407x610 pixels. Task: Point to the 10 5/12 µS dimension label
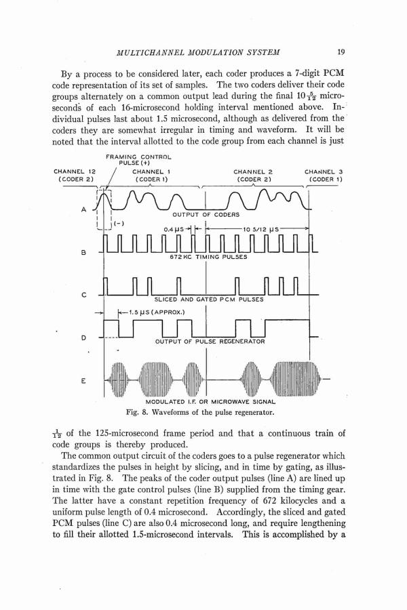click(x=260, y=228)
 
